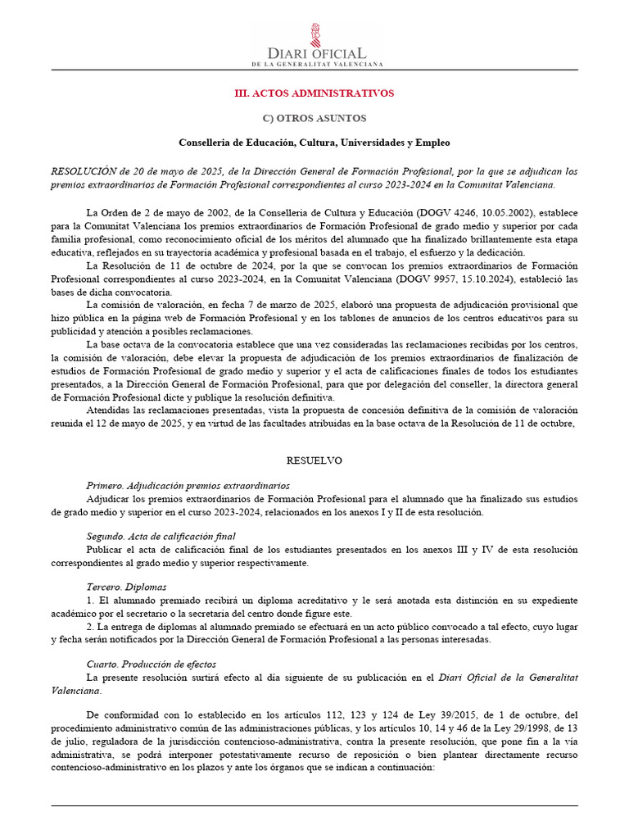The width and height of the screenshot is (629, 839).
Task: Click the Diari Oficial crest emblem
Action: [314, 35]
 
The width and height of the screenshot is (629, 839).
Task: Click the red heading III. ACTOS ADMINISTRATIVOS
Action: [314, 93]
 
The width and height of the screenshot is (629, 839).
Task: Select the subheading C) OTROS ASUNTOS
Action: [314, 119]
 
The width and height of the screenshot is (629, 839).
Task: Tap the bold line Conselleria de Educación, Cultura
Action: [314, 143]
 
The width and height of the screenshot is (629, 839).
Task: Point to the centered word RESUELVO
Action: [314, 461]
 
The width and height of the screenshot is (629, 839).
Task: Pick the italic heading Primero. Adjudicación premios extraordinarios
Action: [188, 485]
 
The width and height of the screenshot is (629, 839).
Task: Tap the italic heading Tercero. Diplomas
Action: [126, 587]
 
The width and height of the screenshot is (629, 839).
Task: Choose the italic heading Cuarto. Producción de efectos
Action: [152, 664]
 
